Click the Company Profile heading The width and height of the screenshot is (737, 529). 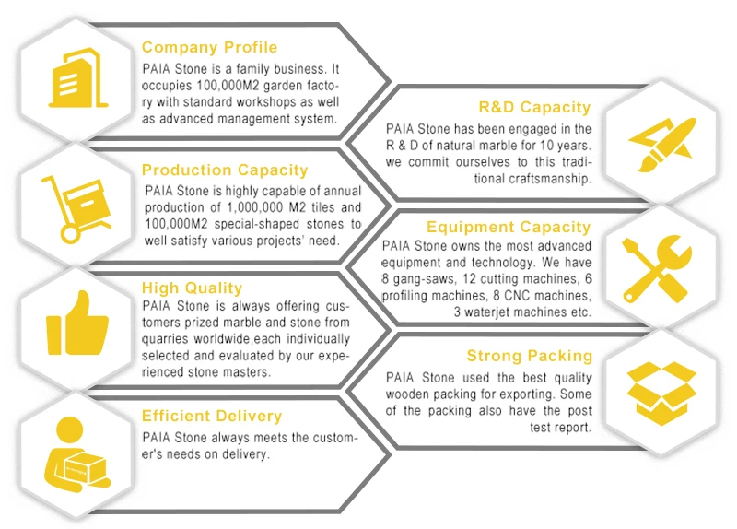point(209,47)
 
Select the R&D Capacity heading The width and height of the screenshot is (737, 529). point(534,108)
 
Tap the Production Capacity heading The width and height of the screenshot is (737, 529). point(225,170)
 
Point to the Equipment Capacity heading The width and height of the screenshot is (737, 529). point(508,227)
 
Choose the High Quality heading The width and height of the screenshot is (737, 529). point(192,288)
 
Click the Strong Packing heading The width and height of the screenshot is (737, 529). point(529,356)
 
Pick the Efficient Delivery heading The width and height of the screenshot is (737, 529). point(212,416)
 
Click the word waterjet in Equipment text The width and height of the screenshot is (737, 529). point(493,312)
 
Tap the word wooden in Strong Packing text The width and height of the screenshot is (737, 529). point(408,394)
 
